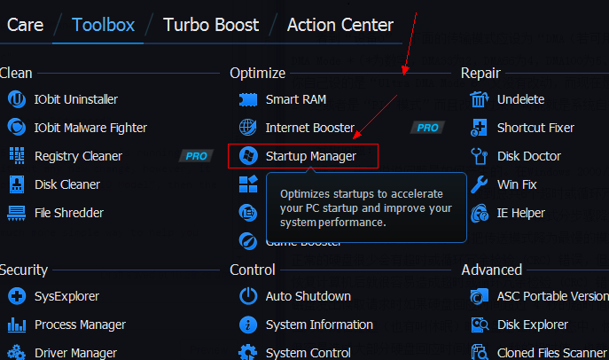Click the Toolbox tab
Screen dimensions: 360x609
103,24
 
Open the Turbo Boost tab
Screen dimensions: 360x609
211,24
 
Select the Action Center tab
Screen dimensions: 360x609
340,24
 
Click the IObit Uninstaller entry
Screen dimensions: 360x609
75,99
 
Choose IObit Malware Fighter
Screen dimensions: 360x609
90,128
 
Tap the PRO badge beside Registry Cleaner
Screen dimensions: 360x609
195,156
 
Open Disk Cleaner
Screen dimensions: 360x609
66,184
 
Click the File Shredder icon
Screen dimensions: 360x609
16,213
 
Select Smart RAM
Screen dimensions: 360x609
295,99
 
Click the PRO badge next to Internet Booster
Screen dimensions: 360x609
427,128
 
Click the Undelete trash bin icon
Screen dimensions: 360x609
480,99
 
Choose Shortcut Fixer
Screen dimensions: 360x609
535,128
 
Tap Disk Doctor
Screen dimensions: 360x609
529,156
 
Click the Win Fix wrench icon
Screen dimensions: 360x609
480,184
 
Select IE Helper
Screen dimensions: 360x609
520,213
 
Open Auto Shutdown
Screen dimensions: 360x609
308,296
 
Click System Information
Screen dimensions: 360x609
318,325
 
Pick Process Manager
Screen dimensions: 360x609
80,325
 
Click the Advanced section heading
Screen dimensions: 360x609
491,270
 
